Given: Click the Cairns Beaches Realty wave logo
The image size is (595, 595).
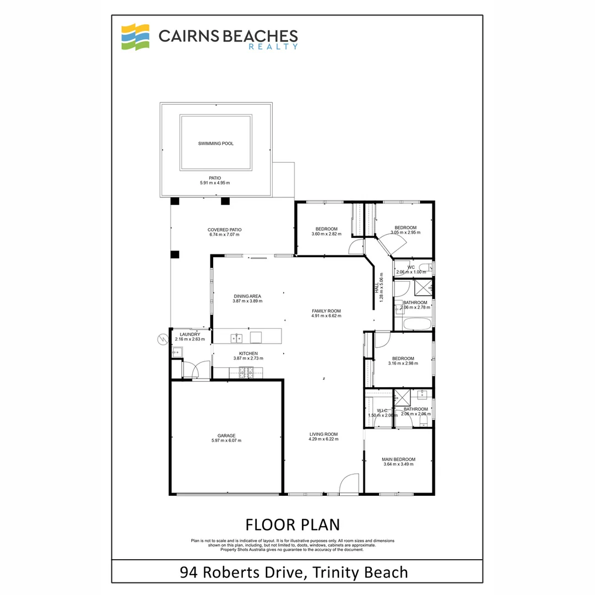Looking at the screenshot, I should (x=136, y=37).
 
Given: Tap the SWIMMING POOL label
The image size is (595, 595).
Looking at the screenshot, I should (x=216, y=144).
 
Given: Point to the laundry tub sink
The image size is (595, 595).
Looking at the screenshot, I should (x=176, y=351).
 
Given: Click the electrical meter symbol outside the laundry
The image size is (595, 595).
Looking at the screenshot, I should (x=163, y=339).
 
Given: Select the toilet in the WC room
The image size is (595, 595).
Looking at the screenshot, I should (x=429, y=268).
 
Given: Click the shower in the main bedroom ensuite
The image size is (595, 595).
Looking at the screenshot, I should (x=402, y=397).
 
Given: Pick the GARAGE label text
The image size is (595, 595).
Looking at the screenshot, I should (x=226, y=436).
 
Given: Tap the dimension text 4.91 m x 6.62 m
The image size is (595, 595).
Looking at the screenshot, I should (x=326, y=316).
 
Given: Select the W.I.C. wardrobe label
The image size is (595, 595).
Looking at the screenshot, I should (x=382, y=410).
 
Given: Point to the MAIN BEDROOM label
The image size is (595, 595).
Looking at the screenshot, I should (x=398, y=459).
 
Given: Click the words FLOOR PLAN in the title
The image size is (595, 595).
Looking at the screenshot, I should (x=292, y=523).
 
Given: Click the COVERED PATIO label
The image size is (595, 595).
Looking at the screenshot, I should (x=224, y=230).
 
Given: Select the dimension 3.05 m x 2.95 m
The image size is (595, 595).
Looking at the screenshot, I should (x=405, y=233).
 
